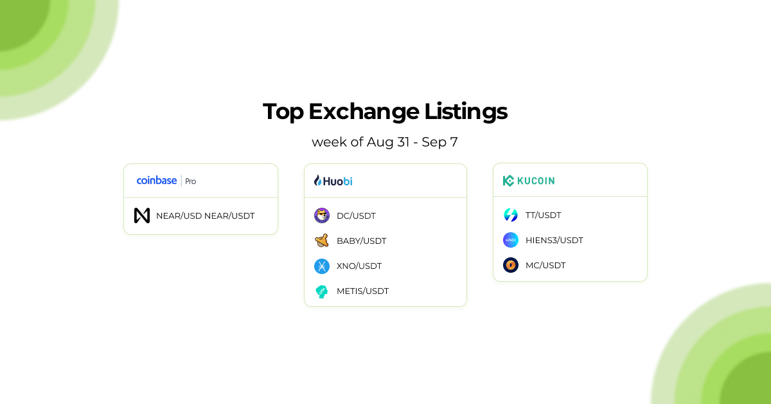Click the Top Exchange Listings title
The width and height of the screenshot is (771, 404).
pyautogui.click(x=385, y=111)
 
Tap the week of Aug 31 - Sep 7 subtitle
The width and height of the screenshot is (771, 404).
pyautogui.click(x=385, y=142)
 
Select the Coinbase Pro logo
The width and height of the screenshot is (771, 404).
pyautogui.click(x=166, y=181)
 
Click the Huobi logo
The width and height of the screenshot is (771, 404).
pyautogui.click(x=333, y=181)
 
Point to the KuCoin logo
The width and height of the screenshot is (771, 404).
pyautogui.click(x=529, y=181)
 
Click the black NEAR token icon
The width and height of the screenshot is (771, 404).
pyautogui.click(x=142, y=216)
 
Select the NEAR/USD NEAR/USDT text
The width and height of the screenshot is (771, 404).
pyautogui.click(x=205, y=216)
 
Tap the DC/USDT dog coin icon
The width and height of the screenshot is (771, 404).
pyautogui.click(x=322, y=216)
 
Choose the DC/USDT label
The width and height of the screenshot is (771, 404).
pyautogui.click(x=356, y=216)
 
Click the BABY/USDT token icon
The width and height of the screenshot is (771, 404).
pyautogui.click(x=322, y=241)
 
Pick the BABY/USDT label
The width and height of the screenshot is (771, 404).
pyautogui.click(x=361, y=241)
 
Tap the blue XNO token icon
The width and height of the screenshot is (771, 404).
pyautogui.click(x=322, y=266)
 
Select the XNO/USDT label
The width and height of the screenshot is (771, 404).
pyautogui.click(x=359, y=266)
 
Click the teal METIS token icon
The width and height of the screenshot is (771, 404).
pyautogui.click(x=322, y=291)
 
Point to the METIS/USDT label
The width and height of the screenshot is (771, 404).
pyautogui.click(x=362, y=291)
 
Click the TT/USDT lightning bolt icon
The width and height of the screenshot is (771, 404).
pyautogui.click(x=511, y=215)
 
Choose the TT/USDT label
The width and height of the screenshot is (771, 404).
pyautogui.click(x=543, y=215)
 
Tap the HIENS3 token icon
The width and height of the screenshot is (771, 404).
pyautogui.click(x=511, y=240)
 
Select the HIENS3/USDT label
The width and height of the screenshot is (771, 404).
pyautogui.click(x=554, y=240)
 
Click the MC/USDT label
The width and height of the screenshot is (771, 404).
pyautogui.click(x=545, y=265)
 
